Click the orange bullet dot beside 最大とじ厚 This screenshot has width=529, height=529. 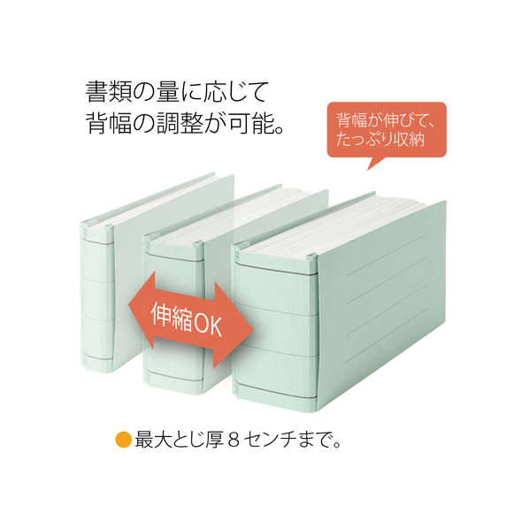124,440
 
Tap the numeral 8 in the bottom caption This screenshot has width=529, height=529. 234,440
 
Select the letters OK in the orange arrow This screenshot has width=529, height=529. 209,324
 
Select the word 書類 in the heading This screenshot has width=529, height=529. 109,91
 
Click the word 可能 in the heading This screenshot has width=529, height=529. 252,123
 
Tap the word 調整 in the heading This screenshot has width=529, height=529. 180,123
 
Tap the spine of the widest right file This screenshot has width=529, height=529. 276,324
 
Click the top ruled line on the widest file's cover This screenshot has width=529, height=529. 387,252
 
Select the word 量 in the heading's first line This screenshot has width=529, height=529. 168,91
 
